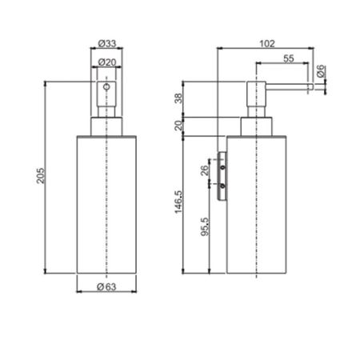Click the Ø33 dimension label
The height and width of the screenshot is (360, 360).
107,43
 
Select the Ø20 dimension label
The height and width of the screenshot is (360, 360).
107,62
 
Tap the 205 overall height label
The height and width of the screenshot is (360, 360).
41,176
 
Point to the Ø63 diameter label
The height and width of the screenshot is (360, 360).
106,287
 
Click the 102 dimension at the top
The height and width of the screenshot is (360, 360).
267,43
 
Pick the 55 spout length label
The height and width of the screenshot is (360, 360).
289,58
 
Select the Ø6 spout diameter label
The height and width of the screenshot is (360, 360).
321,71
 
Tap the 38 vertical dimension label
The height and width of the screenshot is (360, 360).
178,98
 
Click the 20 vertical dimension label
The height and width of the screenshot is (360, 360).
178,126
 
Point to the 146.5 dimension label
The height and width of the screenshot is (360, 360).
178,202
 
